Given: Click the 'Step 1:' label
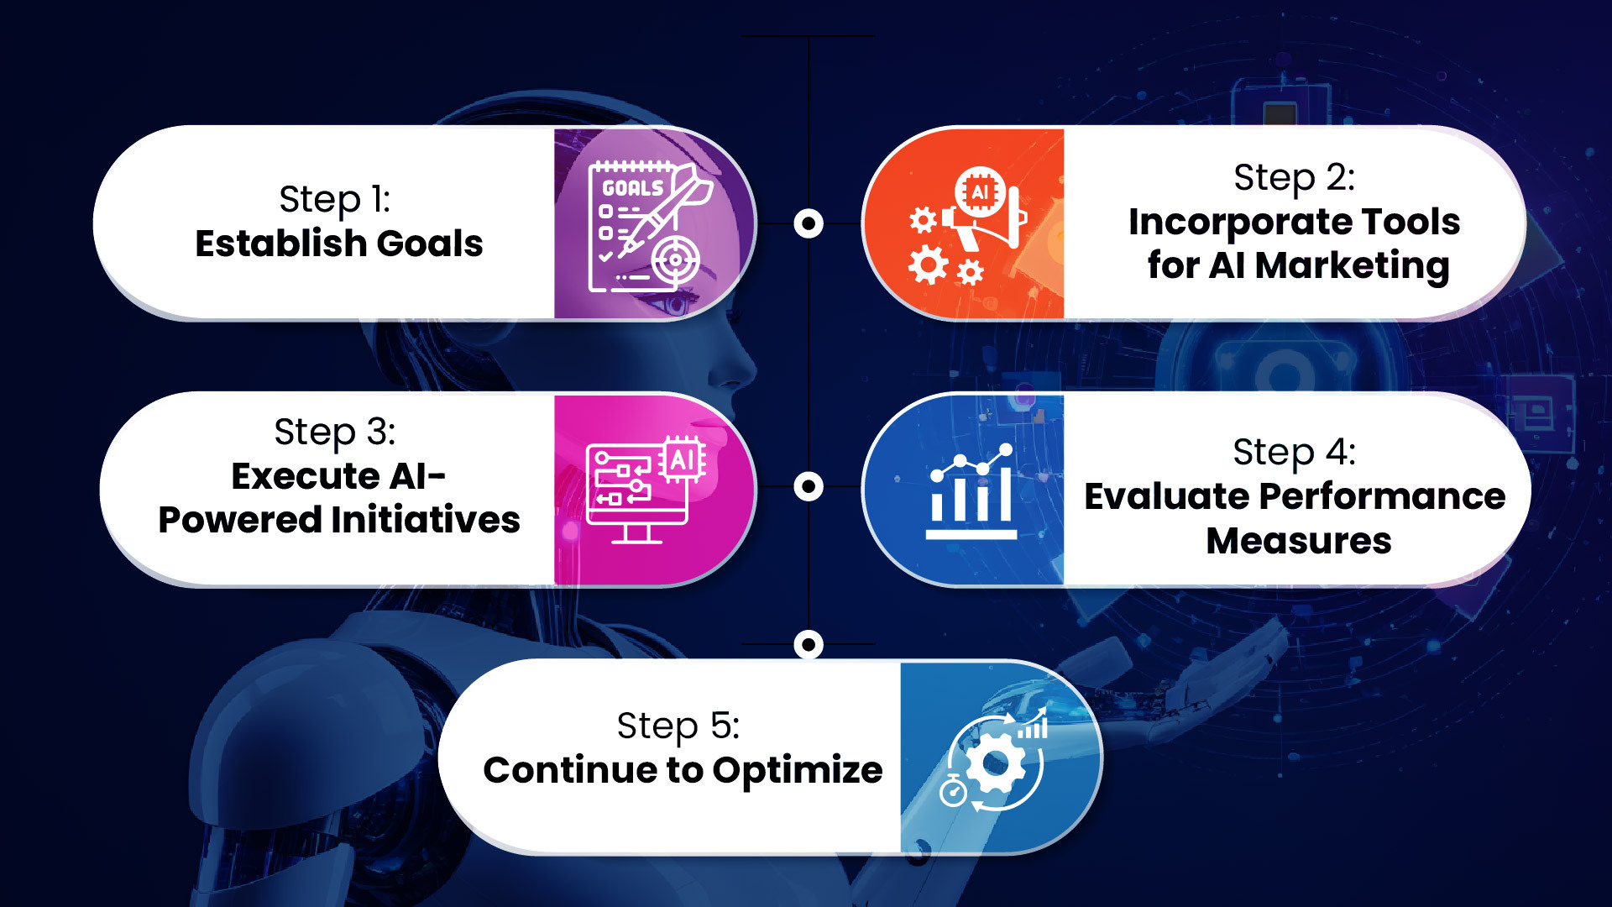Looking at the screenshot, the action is click(335, 200).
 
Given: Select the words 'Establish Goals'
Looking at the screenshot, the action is click(339, 244).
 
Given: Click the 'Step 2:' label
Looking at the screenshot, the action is click(1294, 178).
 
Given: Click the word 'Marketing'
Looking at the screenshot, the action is click(1352, 265).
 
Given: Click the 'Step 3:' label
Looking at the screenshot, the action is click(335, 433).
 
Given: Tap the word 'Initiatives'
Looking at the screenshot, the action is click(426, 520).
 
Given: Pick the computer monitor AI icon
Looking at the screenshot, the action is click(645, 490).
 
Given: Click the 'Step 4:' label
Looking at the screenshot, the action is click(1294, 453).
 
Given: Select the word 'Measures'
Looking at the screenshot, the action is click(1299, 541).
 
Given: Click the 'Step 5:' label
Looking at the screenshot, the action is click(678, 726).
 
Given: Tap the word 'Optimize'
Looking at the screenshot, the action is click(798, 771).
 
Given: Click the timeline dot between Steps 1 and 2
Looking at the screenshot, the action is click(809, 223).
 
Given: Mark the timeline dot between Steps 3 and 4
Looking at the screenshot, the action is click(809, 486).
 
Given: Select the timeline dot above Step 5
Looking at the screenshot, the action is click(809, 645).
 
